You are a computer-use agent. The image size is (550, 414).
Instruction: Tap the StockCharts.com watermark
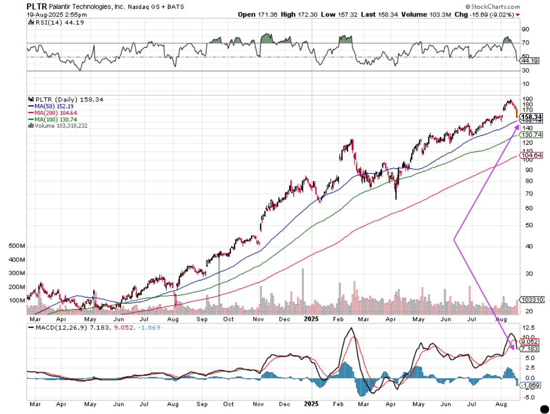(492, 7)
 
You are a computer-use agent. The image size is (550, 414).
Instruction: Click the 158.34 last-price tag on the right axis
(531, 117)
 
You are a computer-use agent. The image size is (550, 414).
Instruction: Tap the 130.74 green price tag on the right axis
(529, 134)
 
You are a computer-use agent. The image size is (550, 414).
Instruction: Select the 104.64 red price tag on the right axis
(529, 155)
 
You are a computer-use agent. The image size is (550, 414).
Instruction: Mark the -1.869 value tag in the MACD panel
(529, 385)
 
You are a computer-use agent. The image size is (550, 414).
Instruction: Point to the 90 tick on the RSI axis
(525, 29)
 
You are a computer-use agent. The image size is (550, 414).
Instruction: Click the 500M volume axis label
(17, 247)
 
